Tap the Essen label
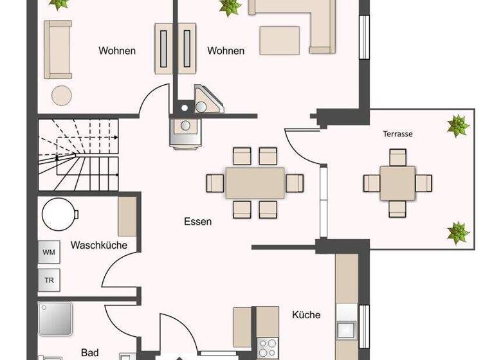(x=197, y=222)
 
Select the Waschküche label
(x=99, y=245)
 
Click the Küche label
(x=306, y=315)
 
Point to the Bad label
(x=90, y=352)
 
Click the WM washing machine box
(x=49, y=252)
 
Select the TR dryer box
(x=49, y=280)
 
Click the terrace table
(x=398, y=183)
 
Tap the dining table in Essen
(x=255, y=183)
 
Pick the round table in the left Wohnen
(x=62, y=95)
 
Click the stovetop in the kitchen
(x=266, y=348)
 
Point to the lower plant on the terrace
(x=458, y=232)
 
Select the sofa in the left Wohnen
(x=57, y=49)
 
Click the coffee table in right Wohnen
(x=279, y=40)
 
